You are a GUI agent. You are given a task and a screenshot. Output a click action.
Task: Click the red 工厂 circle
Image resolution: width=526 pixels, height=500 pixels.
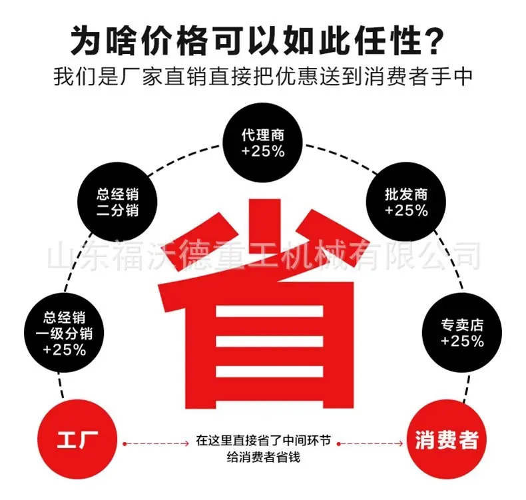[x=77, y=439]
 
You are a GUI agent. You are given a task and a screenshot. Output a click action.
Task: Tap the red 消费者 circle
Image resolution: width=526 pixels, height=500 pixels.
[x=447, y=439]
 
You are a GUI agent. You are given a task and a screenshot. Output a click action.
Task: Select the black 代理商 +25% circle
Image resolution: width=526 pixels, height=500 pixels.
[x=263, y=143]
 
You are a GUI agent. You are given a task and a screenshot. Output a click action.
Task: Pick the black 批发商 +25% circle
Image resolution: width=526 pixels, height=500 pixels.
[x=406, y=202]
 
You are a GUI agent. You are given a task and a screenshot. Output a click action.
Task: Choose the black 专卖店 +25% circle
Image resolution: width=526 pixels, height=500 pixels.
[x=462, y=332]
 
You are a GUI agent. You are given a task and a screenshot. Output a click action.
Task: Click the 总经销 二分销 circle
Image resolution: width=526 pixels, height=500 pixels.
[x=117, y=202]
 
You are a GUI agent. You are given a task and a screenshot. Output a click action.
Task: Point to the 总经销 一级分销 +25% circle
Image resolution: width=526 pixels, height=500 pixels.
[x=64, y=332]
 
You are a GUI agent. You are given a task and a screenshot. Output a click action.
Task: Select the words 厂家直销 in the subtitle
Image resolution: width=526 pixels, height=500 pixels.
[x=164, y=77]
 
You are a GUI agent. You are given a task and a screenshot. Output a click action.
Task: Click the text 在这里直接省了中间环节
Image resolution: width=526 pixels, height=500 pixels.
[x=264, y=440]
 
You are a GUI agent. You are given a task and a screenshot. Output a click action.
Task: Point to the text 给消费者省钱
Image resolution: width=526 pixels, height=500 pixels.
[x=264, y=457]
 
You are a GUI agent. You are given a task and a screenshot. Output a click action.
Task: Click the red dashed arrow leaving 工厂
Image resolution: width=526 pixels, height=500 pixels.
[x=156, y=443]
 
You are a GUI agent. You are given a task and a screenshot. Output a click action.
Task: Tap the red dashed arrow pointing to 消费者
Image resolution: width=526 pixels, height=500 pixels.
[x=370, y=443]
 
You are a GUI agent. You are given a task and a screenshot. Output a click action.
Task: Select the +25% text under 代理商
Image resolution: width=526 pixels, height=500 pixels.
[x=263, y=152]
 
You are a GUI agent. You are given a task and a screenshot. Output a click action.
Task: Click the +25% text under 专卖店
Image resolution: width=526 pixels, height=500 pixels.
[x=462, y=342]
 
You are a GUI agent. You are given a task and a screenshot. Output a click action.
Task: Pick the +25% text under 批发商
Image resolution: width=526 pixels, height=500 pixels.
[x=406, y=210]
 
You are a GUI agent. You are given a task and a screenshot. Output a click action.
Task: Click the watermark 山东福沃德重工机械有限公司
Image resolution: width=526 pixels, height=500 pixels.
[x=264, y=256]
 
